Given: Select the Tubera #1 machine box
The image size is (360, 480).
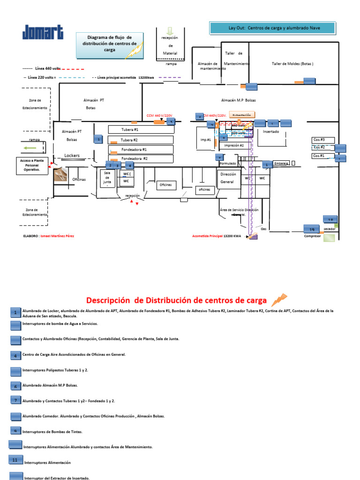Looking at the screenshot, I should click(140, 129).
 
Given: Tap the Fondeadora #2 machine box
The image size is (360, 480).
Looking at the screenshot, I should click(140, 159).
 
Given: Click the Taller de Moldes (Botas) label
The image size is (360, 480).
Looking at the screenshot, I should click(292, 64).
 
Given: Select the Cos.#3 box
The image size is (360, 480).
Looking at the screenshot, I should click(323, 140).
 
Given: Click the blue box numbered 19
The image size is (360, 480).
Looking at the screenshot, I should click(311, 229).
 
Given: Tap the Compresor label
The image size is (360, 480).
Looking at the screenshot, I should click(312, 236).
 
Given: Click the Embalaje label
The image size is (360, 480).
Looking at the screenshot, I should click(281, 164).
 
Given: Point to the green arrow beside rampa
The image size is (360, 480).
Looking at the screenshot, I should click(30, 148).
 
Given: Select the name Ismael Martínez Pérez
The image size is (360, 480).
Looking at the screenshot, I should click(57, 236).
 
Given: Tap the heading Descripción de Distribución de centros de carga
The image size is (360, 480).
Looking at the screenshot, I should click(176, 300).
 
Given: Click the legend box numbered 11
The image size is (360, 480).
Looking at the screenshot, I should click(15, 460).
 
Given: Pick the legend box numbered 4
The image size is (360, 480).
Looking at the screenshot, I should click(15, 355).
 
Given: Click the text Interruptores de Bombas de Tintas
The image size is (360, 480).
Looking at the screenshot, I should click(52, 431).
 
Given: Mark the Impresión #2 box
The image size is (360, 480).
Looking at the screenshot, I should click(234, 146).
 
